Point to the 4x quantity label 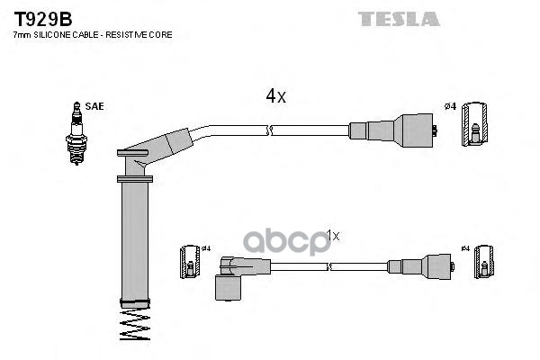point(274,95)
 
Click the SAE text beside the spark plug point(95,106)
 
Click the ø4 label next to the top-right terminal point(450,107)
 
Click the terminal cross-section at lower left point(190,261)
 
